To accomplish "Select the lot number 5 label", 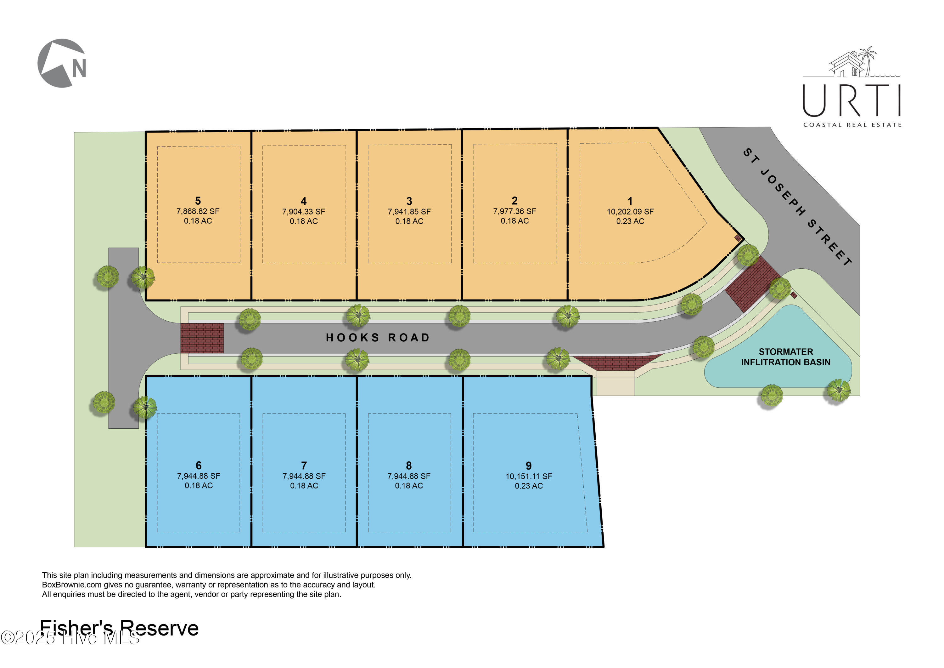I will [x=198, y=201].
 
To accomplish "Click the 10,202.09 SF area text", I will [x=630, y=212].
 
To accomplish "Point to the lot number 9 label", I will [x=529, y=465].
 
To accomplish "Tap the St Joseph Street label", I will [x=797, y=207].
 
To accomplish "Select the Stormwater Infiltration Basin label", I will [x=786, y=357].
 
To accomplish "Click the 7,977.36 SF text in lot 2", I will [x=514, y=211].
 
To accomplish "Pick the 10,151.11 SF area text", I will [x=529, y=476].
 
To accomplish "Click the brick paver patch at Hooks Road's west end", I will [x=202, y=338].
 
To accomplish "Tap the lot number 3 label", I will [x=409, y=201].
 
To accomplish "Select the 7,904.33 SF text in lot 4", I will [x=303, y=212].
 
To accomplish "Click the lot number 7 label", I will [x=304, y=465].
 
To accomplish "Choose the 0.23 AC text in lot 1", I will [x=630, y=221].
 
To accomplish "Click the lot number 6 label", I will [x=199, y=465].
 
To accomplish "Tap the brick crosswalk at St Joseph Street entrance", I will [x=752, y=283].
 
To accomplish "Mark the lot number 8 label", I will [x=409, y=465].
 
